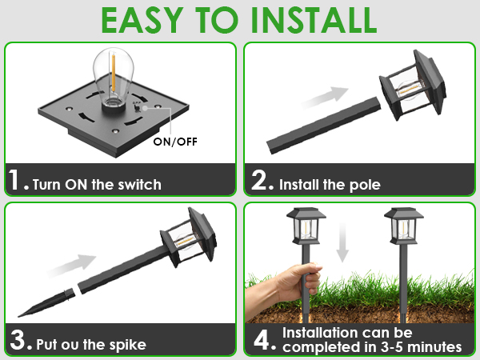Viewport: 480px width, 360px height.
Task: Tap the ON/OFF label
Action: pos(175,142)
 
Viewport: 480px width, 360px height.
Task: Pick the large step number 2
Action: pos(259,180)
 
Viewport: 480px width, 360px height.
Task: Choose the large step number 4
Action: pos(262,340)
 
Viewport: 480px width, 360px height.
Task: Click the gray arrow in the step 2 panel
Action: pos(325,98)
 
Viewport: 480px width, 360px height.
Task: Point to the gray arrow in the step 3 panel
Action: pos(72,265)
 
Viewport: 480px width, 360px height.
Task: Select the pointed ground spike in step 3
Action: pos(46,303)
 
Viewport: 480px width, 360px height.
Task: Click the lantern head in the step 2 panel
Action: pos(413,85)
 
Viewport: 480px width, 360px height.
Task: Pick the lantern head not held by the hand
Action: pos(404,226)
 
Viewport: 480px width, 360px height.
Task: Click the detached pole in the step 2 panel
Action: pos(324,126)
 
